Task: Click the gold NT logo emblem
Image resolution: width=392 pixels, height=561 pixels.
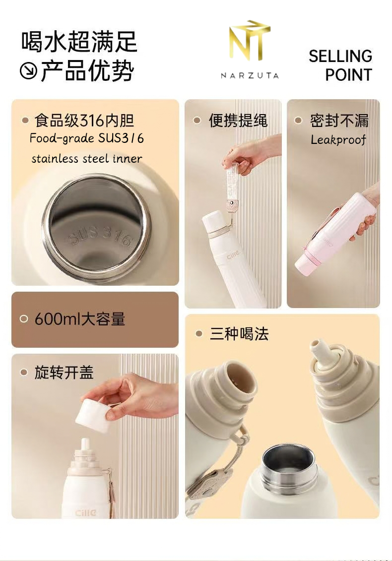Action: click(x=250, y=40)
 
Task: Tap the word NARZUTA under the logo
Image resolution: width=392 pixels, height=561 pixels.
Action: click(x=250, y=75)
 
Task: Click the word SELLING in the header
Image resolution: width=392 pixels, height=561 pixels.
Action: click(x=340, y=56)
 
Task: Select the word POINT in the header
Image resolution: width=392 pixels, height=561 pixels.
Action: click(x=349, y=75)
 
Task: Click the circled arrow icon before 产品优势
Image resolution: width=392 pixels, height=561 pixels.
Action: click(x=28, y=70)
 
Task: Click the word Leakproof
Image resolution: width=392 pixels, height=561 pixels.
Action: click(x=338, y=139)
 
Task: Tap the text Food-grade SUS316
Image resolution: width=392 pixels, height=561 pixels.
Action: click(x=87, y=138)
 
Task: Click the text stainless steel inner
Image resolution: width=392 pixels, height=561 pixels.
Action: click(x=87, y=159)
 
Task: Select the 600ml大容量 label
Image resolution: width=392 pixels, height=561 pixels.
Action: click(x=80, y=319)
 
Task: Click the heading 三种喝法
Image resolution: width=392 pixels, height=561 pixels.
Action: click(x=239, y=334)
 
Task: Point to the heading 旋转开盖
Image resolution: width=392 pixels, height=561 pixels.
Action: click(x=64, y=373)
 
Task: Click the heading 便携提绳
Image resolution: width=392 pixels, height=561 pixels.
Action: click(x=238, y=121)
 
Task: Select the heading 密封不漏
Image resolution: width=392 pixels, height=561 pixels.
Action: click(x=339, y=121)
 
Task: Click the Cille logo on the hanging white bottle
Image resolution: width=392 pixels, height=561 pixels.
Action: click(x=233, y=255)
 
